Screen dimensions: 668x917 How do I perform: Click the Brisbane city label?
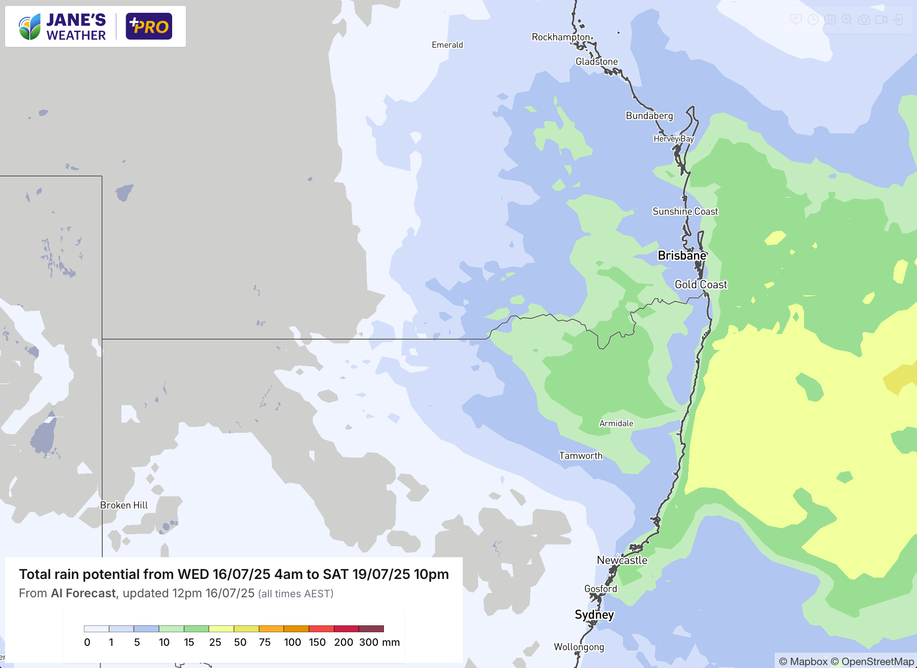[682, 256]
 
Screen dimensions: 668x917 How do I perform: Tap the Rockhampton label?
[560, 37]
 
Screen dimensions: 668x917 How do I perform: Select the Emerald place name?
[447, 45]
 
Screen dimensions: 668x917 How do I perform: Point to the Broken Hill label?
[124, 505]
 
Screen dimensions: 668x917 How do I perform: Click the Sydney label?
[594, 615]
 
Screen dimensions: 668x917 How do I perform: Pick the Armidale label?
[616, 423]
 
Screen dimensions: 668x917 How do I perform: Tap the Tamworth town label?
[581, 456]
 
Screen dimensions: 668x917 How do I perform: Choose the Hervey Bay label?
[673, 139]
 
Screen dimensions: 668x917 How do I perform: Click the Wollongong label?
[579, 647]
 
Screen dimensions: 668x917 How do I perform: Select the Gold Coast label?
[701, 285]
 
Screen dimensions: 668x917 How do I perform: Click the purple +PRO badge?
[149, 26]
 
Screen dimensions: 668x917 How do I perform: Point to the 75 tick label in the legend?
[265, 642]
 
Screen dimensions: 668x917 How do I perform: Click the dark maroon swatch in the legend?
[371, 629]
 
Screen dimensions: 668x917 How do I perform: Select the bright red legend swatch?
[321, 629]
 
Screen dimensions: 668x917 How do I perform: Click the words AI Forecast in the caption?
[83, 593]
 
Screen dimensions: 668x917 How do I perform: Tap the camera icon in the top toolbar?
[864, 20]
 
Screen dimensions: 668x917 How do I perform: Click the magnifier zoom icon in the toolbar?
[847, 20]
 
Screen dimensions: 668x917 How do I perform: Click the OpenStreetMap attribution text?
[877, 661]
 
